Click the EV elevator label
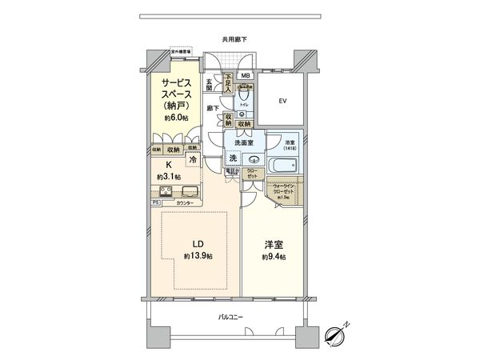coord(282,102)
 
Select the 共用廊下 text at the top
coord(234,39)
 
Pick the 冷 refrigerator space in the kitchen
coord(192,160)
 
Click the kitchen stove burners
coord(166,190)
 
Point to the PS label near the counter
coord(155,203)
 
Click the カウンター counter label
coord(186,203)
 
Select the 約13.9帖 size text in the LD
coord(196,254)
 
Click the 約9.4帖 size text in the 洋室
coord(273,258)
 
